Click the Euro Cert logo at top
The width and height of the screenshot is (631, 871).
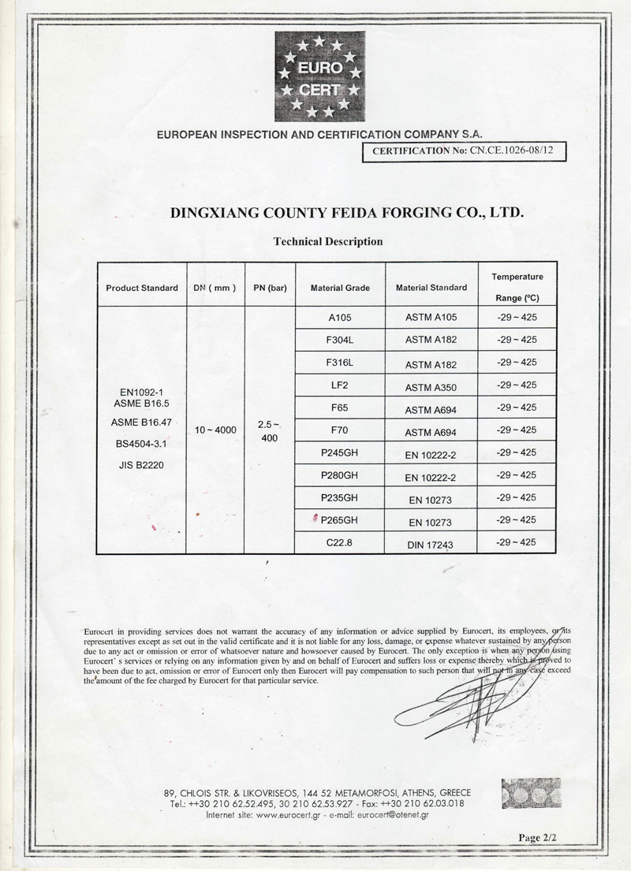click(319, 76)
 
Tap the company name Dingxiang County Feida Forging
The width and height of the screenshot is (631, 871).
click(347, 213)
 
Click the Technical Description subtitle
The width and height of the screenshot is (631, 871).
click(327, 241)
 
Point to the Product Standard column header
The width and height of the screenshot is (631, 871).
click(141, 288)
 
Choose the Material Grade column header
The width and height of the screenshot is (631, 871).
click(340, 288)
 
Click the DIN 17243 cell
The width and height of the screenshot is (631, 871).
click(431, 543)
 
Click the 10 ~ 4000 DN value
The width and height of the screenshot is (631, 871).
click(215, 430)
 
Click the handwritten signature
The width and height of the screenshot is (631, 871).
click(473, 694)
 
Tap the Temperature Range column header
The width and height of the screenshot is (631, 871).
click(517, 288)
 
